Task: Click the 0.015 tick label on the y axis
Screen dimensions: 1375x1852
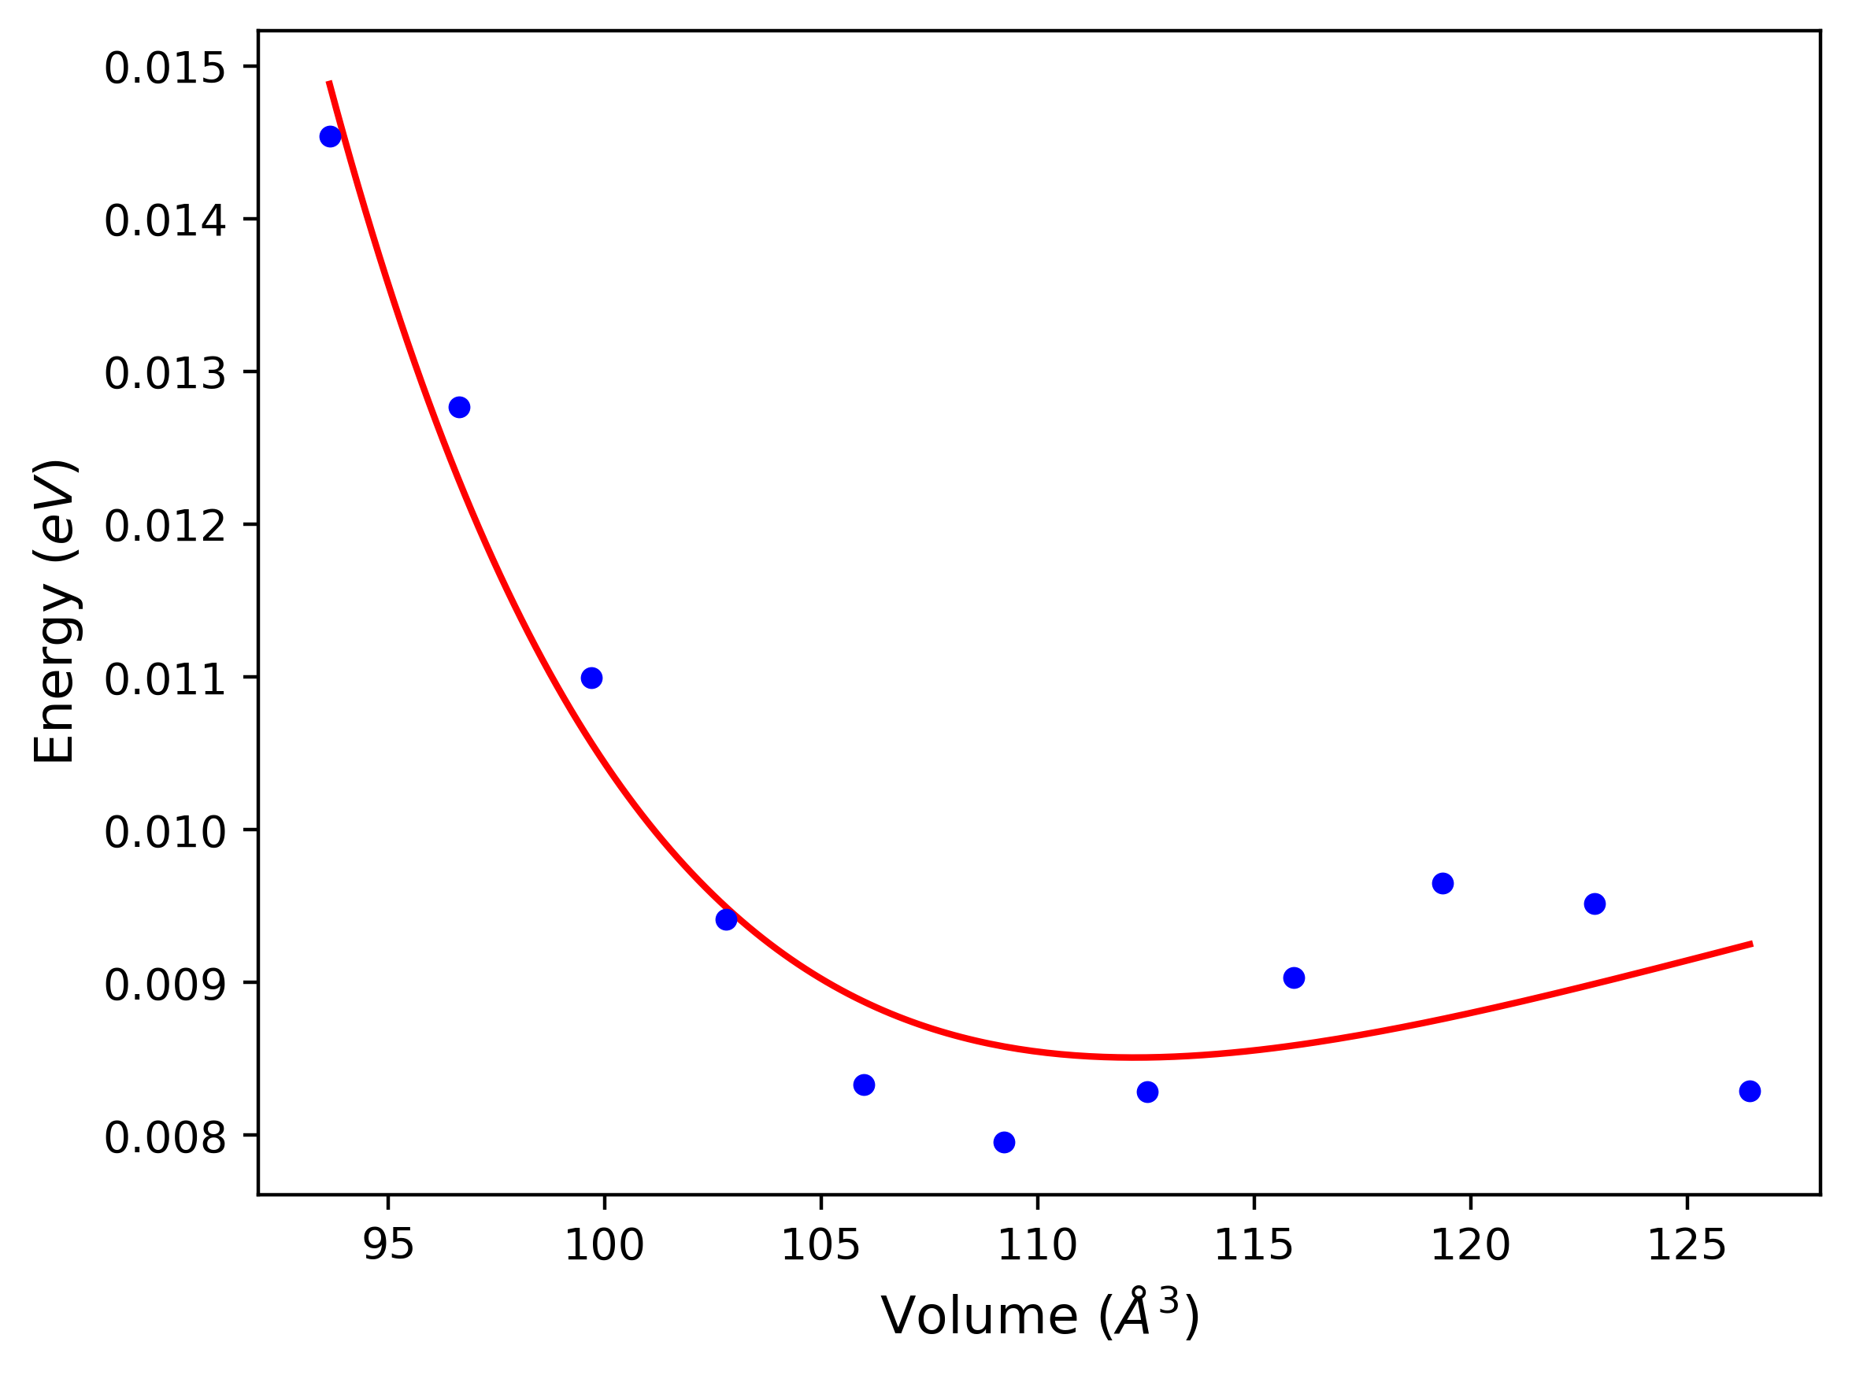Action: pos(164,68)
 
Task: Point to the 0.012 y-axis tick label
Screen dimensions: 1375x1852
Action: pos(164,526)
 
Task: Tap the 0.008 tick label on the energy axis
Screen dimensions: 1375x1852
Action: pos(164,1138)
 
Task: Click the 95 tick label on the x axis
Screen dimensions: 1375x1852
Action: pos(388,1245)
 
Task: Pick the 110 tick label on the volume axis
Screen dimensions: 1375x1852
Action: pos(1038,1245)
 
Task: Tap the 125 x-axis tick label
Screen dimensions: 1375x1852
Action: pos(1687,1245)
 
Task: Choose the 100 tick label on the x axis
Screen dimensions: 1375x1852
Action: pos(605,1245)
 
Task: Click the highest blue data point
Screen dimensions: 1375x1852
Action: pos(331,136)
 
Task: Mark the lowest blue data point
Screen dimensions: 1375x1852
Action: pos(1004,1143)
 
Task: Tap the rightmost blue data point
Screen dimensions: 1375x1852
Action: pos(1750,1091)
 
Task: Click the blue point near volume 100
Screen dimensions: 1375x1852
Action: pos(591,678)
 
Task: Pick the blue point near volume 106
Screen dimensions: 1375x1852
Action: pos(865,1085)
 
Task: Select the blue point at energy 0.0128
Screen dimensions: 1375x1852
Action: pos(460,407)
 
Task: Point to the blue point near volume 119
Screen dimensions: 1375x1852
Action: pos(1443,883)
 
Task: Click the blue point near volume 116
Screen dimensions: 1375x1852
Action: pos(1294,978)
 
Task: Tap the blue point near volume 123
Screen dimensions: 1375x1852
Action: pos(1595,904)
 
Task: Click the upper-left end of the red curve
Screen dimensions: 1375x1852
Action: pos(330,83)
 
